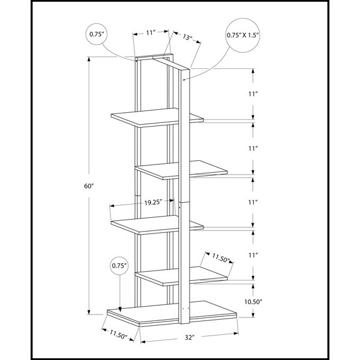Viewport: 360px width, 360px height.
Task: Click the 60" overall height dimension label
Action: (89, 186)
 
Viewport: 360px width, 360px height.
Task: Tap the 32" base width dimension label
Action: (190, 337)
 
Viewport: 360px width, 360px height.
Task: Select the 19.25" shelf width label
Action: (154, 202)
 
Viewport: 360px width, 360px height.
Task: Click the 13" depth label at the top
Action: (188, 37)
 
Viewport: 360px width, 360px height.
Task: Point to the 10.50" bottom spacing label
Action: (253, 302)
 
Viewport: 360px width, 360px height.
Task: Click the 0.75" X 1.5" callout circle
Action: (243, 35)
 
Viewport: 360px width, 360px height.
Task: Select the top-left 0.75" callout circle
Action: (97, 34)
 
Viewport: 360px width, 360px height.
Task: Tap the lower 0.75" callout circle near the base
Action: (119, 266)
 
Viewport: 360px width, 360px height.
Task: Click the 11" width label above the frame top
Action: (151, 33)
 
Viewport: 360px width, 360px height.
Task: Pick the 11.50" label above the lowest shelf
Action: (221, 258)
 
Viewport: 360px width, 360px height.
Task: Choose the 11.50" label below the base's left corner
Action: (118, 334)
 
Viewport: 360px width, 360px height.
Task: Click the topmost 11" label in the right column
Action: (253, 94)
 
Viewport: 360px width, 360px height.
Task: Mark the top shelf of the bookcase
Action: (157, 118)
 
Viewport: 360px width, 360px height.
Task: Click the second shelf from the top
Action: (181, 170)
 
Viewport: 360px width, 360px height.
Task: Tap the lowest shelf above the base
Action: (181, 276)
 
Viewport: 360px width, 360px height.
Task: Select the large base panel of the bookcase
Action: (172, 314)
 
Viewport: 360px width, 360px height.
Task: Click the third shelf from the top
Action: (157, 225)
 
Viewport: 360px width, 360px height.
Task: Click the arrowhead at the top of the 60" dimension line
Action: (89, 59)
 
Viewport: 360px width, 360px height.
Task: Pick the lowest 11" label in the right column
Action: (253, 255)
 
